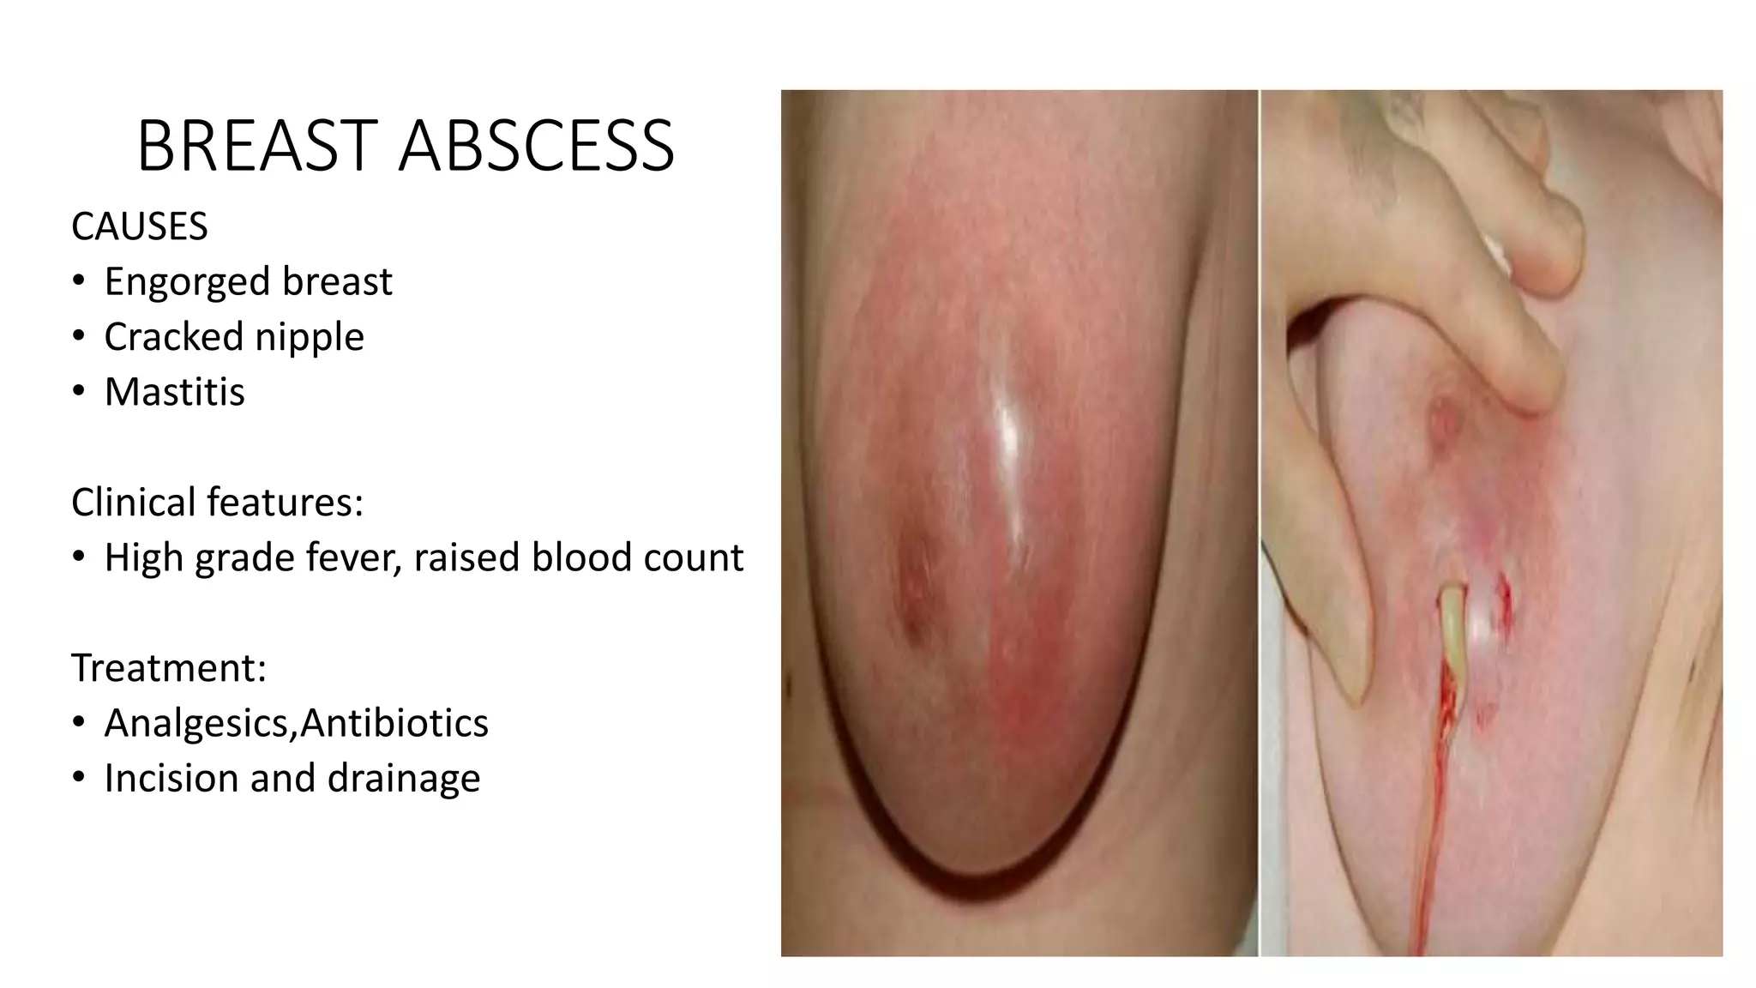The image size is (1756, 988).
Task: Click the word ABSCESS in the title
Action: click(537, 147)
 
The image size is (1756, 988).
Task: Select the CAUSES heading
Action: click(139, 227)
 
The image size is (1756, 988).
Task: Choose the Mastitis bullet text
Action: click(174, 392)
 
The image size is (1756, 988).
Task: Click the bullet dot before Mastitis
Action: click(79, 392)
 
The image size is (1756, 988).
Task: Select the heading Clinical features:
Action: click(217, 503)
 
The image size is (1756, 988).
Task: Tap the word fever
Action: click(354, 558)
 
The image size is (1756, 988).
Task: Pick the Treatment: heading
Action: click(169, 668)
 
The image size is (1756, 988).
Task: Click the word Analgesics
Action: click(200, 724)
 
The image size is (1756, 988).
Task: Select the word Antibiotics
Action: click(394, 723)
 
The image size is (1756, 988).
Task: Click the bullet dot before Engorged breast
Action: click(79, 281)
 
